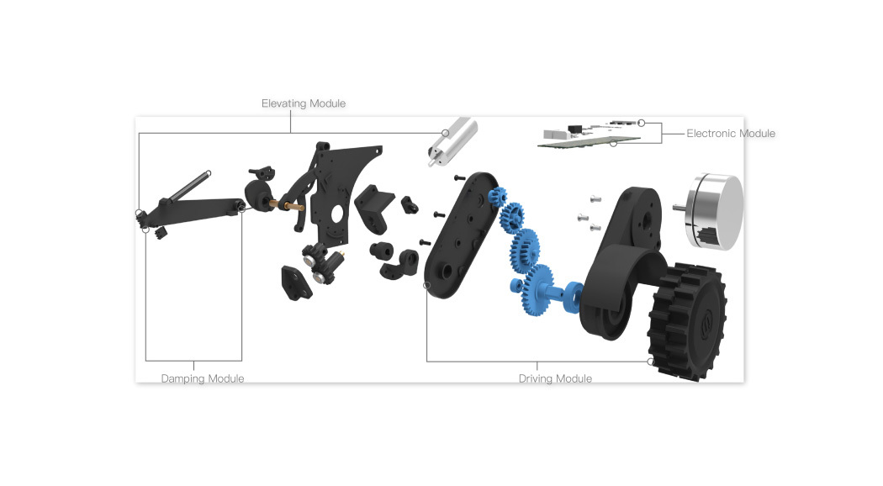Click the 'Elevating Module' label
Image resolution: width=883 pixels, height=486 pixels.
tap(304, 103)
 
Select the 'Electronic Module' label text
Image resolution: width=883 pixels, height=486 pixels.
tap(730, 134)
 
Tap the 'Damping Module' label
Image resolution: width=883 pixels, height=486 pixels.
tap(203, 378)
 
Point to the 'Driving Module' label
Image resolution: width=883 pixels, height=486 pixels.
tap(555, 378)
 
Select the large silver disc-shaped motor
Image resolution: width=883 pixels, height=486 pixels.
tap(715, 211)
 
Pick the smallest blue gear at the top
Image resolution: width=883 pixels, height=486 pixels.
tap(495, 198)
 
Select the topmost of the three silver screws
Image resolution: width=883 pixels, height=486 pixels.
tap(595, 198)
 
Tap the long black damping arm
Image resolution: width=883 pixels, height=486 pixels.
tap(202, 207)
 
